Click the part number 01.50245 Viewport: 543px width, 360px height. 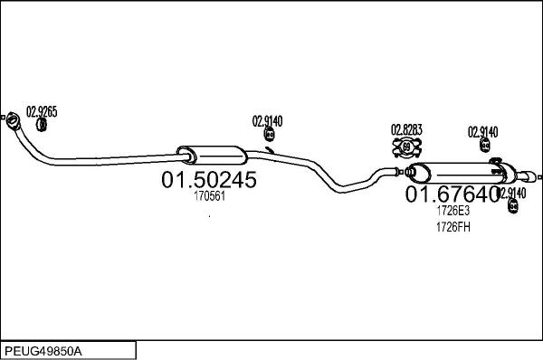point(209,180)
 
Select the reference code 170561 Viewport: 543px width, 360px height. point(209,195)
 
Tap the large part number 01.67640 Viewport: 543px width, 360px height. point(451,194)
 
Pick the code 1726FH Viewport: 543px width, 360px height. point(452,226)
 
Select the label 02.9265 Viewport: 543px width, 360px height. point(42,112)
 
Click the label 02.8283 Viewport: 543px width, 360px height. point(406,129)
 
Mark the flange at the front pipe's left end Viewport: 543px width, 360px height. point(14,118)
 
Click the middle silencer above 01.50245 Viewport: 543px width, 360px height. point(209,153)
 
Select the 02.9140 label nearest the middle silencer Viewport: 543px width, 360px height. point(267,120)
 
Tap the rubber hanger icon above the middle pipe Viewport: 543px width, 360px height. point(269,135)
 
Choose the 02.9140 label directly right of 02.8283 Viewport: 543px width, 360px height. point(482,132)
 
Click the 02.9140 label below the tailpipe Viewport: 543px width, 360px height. point(511,193)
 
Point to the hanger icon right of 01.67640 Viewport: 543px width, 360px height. point(512,206)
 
